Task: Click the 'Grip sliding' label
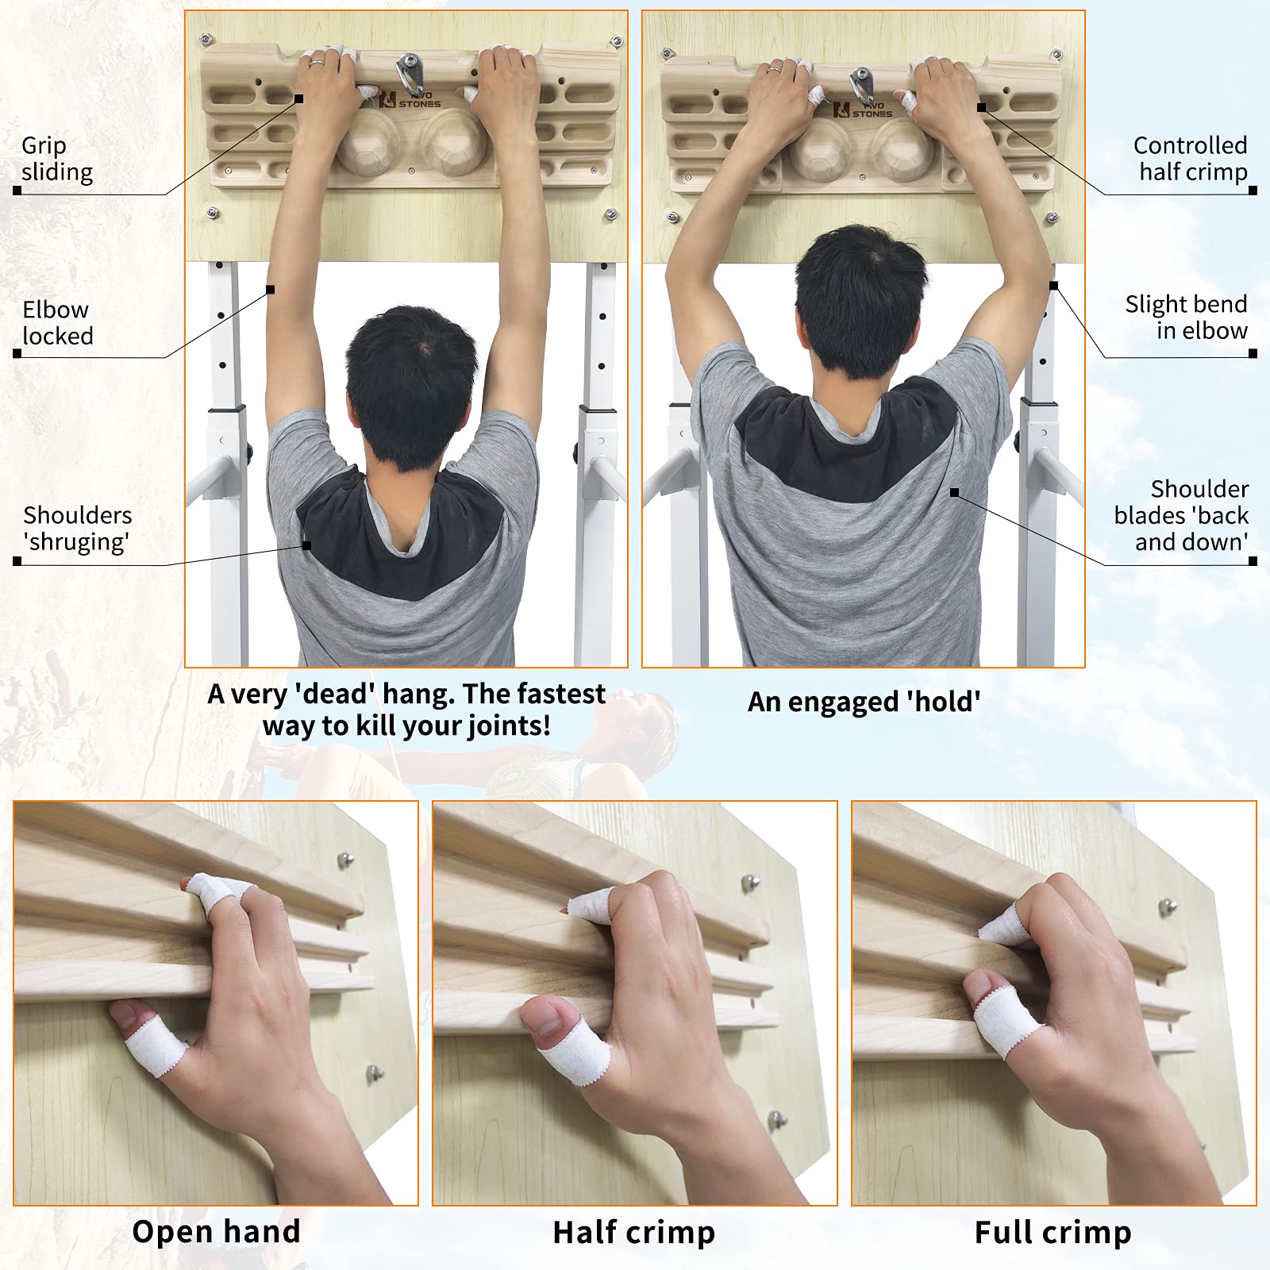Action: pos(57,159)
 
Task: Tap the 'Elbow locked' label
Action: pos(57,322)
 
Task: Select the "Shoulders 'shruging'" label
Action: pos(77,528)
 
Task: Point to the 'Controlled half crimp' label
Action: pos(1190,158)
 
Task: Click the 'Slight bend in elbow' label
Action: pos(1186,317)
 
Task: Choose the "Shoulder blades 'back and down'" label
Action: pos(1181,515)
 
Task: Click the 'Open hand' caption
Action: pos(216,1232)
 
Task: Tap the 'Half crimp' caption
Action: pos(634,1233)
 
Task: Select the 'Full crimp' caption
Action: pos(1053,1233)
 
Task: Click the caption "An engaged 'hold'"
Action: pos(864,702)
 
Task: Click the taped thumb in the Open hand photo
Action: pos(150,1034)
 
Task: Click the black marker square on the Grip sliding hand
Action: pos(299,98)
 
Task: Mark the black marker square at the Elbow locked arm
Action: pos(270,290)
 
